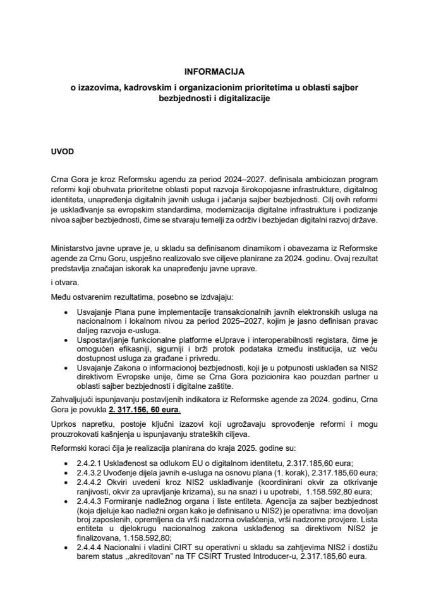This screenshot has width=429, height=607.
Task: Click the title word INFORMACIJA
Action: coord(214,73)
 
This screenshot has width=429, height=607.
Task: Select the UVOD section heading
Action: coord(64,153)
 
